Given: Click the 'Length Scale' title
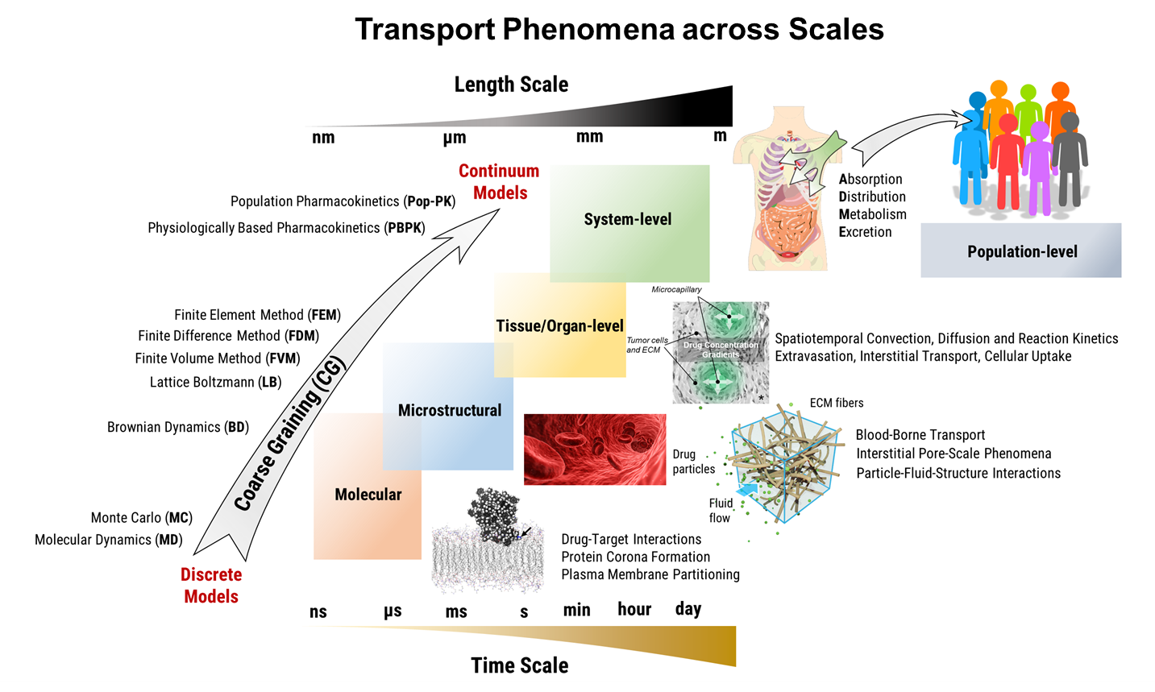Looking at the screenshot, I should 511,85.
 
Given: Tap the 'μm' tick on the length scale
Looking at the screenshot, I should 455,138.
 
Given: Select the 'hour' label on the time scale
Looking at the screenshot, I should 634,609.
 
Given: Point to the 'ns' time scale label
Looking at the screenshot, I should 318,611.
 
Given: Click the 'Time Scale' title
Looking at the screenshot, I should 520,665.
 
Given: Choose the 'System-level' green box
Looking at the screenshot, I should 628,219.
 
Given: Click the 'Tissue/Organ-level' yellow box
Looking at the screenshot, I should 559,326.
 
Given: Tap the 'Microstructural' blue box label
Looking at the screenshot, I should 450,410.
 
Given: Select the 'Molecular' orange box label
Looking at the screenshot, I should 368,495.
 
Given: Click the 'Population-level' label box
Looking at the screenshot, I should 1021,251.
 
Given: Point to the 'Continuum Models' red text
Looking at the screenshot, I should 500,182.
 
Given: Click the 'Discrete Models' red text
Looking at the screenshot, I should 211,586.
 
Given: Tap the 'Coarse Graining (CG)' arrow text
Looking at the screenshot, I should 289,434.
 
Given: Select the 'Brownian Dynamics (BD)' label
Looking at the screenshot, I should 178,427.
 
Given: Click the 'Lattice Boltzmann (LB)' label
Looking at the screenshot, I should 215,382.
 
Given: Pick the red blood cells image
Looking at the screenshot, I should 595,450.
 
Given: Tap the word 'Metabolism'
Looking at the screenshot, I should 873,214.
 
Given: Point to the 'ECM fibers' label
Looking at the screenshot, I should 837,403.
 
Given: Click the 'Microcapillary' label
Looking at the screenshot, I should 676,289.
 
